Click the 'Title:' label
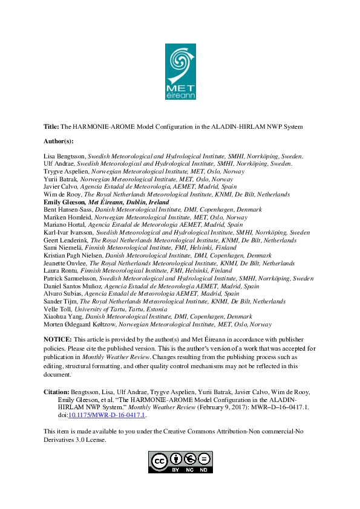(x=51, y=127)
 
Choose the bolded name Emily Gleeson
(x=64, y=203)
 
